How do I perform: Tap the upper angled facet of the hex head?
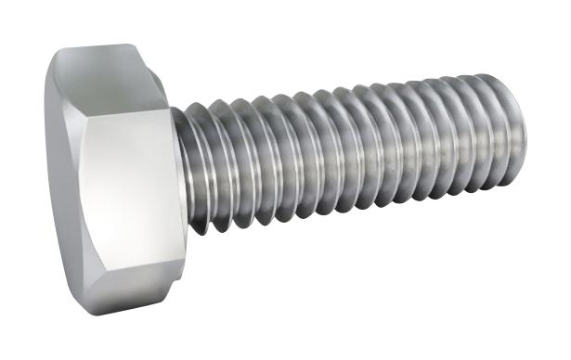111,79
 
